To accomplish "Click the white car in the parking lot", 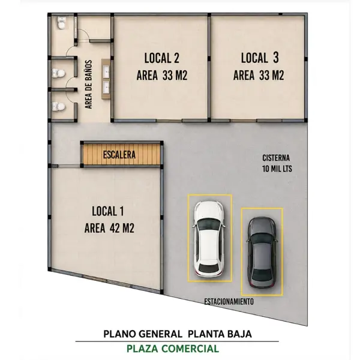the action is (209, 239).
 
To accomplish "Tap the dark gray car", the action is (262, 252).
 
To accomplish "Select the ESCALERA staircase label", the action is (119, 155).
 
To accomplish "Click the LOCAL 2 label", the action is (161, 58).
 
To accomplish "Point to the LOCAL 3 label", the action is (260, 58).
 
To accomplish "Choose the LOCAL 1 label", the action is (107, 211).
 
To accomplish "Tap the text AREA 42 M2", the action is (109, 228).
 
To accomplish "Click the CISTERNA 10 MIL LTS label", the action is (277, 163).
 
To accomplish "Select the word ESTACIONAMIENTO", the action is (229, 301).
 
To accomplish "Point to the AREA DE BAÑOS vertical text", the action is (88, 85).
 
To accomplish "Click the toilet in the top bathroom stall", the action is (61, 23).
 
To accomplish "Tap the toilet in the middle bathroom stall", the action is (59, 73).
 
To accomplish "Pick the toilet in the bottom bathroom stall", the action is (59, 106).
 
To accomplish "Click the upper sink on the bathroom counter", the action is (106, 71).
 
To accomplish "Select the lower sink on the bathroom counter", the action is (106, 87).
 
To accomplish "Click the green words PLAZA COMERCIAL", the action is (173, 349).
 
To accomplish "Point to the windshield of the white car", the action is (209, 223).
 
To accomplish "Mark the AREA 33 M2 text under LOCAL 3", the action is (259, 76).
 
